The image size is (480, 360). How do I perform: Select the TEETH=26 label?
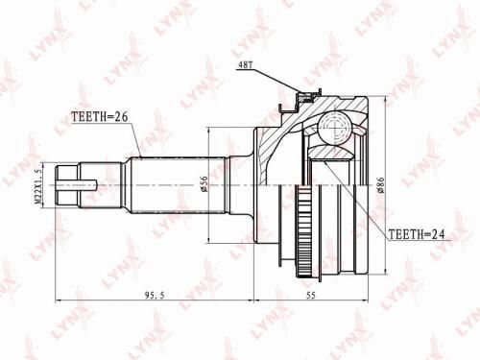coord(100,119)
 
